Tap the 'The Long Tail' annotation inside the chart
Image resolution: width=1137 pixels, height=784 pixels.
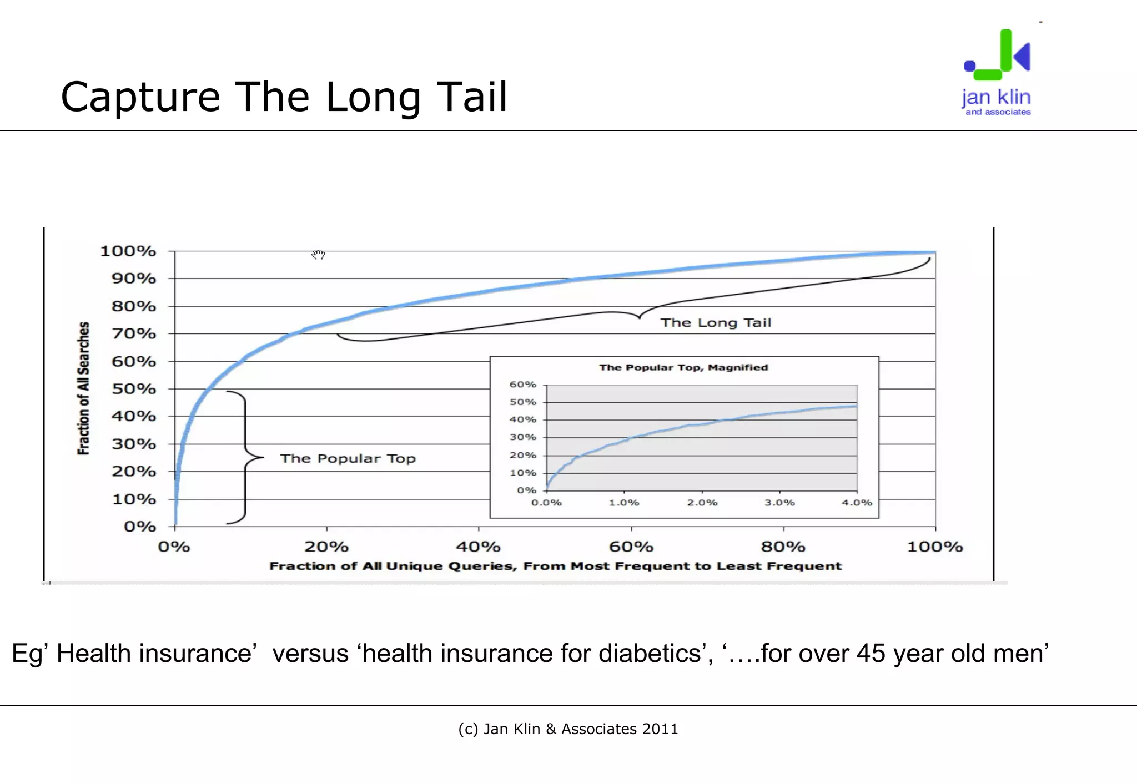(x=716, y=323)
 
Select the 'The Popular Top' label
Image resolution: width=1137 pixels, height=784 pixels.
(x=348, y=458)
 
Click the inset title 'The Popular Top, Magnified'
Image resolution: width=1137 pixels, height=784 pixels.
(x=683, y=367)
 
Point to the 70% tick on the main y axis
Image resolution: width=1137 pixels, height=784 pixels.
(x=134, y=333)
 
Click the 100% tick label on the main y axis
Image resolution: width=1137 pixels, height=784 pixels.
(x=128, y=251)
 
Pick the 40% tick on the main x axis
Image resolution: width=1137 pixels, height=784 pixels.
(x=478, y=547)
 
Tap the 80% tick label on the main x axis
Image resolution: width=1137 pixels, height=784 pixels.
(x=783, y=547)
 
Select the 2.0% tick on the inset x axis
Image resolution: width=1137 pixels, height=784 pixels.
(x=702, y=503)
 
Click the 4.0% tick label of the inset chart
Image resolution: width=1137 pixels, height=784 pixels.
(x=857, y=503)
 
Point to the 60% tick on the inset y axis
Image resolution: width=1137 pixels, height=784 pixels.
(x=523, y=385)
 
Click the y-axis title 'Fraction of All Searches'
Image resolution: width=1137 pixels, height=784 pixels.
(x=83, y=388)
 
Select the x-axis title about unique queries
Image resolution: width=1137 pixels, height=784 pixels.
(x=555, y=566)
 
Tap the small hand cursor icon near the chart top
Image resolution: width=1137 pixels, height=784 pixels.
(x=318, y=255)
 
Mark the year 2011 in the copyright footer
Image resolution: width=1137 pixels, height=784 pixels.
(x=660, y=729)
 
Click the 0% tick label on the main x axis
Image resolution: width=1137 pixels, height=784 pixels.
(x=174, y=547)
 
